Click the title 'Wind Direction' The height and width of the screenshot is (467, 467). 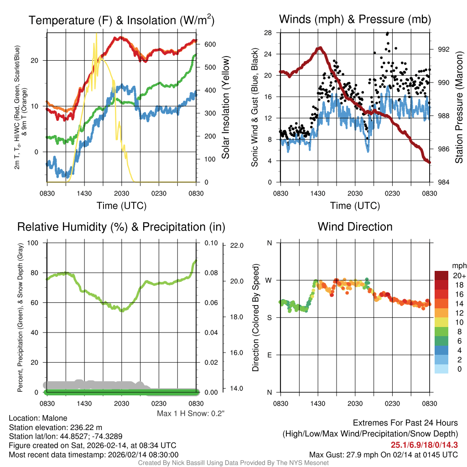[x=355, y=227]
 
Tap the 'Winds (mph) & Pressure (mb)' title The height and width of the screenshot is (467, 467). [x=355, y=19]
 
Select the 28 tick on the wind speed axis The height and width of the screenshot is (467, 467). [x=268, y=32]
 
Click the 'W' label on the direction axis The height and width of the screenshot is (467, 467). [x=269, y=280]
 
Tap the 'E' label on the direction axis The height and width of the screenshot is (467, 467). [x=269, y=355]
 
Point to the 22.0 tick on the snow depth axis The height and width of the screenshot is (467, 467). [x=236, y=245]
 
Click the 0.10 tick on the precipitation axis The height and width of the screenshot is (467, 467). [x=210, y=243]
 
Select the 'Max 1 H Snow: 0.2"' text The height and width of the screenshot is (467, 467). [x=191, y=414]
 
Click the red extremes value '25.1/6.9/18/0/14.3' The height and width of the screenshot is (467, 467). [x=424, y=445]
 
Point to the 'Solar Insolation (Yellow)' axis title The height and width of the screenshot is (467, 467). [x=225, y=108]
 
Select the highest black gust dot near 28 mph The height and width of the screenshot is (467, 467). [x=388, y=33]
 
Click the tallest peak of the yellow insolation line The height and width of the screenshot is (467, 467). [x=96, y=34]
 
